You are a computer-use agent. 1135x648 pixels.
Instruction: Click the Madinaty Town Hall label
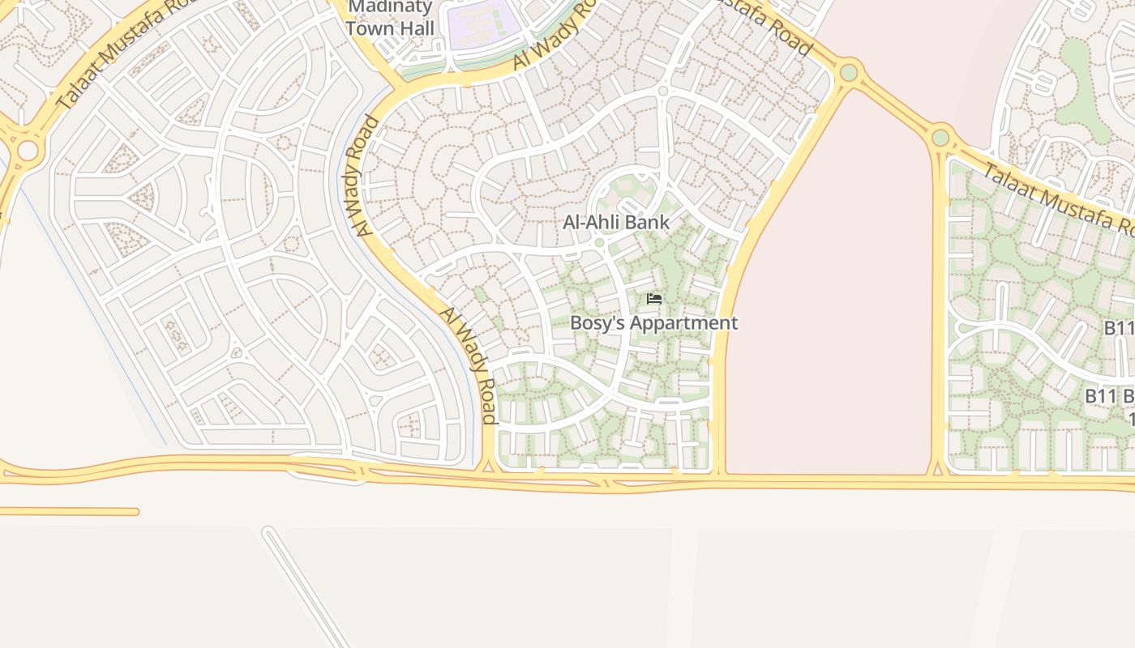tap(390, 18)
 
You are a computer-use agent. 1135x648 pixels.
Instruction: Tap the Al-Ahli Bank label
tap(616, 222)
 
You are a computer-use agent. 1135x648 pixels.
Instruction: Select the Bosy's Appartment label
tap(653, 322)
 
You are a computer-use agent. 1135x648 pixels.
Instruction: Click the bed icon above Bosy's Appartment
tap(653, 299)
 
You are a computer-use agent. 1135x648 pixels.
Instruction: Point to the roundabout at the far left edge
tap(28, 151)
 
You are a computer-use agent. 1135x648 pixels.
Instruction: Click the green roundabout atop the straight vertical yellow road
tap(940, 137)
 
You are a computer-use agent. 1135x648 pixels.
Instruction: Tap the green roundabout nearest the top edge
tap(849, 73)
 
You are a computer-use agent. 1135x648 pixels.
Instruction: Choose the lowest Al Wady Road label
tap(469, 364)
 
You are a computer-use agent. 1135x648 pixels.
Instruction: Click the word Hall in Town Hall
tap(414, 28)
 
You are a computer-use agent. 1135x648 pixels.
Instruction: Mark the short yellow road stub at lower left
tap(69, 512)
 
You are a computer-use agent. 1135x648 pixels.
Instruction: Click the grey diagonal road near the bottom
tap(308, 587)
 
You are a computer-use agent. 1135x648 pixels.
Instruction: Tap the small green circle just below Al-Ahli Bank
tap(599, 242)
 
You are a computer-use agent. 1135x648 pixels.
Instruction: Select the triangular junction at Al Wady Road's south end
tap(488, 464)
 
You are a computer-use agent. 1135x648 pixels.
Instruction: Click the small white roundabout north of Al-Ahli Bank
tap(662, 91)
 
